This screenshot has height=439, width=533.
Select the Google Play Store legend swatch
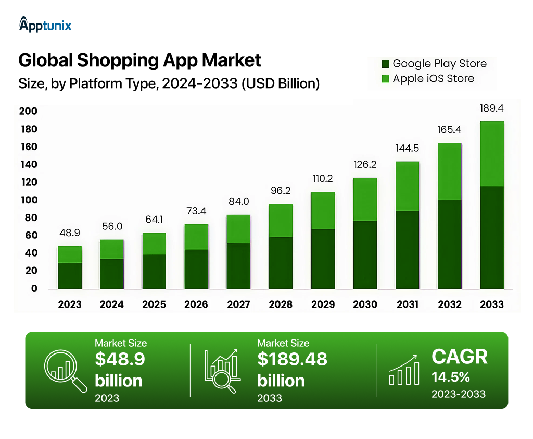[386, 64]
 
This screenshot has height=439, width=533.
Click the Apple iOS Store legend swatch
[386, 79]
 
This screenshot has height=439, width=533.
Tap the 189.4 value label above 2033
[492, 108]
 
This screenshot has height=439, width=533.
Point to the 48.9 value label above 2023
[70, 233]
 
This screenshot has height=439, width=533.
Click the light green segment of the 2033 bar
[492, 154]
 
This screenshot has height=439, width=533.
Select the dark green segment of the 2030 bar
[365, 254]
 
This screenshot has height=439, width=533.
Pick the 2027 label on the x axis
[238, 304]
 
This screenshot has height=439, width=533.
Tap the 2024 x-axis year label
[112, 304]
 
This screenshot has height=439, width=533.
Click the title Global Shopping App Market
[139, 60]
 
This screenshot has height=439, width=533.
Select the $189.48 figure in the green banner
[292, 359]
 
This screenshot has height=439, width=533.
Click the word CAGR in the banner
[459, 357]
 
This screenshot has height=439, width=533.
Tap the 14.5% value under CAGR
[450, 377]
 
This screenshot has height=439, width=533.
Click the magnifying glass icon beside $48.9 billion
[65, 370]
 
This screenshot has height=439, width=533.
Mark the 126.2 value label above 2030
[365, 165]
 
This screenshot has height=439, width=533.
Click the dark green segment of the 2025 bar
[154, 271]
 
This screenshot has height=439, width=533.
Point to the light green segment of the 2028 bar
[281, 221]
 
